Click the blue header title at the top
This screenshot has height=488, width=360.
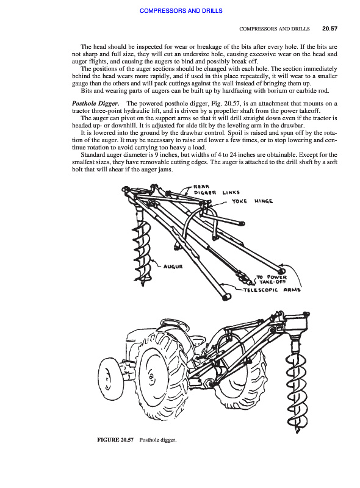181,11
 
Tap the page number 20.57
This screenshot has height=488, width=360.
329,29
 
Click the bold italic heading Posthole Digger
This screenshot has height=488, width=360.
96,103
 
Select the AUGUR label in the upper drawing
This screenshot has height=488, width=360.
173,267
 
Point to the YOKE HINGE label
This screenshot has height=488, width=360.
252,201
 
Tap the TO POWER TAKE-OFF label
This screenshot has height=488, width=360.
272,279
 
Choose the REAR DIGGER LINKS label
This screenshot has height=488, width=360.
217,190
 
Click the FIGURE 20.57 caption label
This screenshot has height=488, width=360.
115,440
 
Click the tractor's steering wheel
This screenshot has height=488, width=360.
175,326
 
